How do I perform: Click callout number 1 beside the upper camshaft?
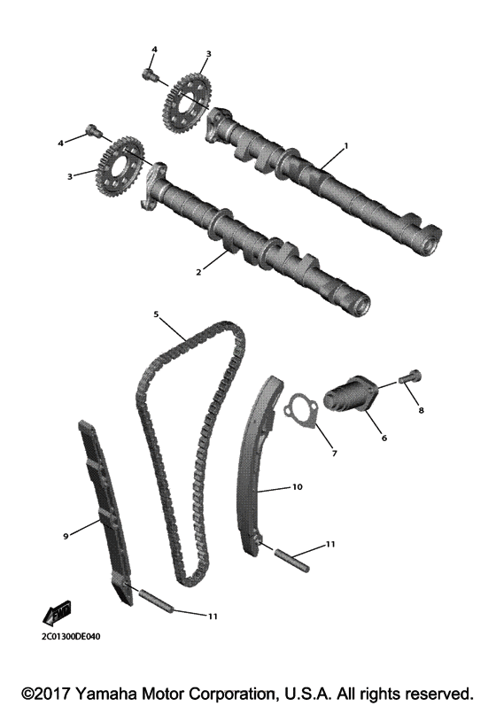[346, 145]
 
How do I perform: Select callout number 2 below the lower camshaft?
[199, 272]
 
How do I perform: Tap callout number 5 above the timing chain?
[156, 314]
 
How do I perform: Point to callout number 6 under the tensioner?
[384, 438]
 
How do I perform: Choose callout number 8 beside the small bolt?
[422, 411]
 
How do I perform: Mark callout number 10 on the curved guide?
[297, 487]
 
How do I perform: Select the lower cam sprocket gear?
[118, 167]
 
